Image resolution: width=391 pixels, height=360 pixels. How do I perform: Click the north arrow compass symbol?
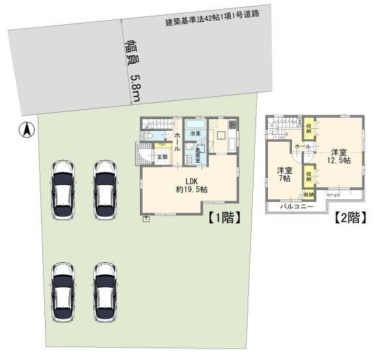[x=27, y=130]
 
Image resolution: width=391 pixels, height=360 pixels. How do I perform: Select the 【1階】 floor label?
[x=226, y=218]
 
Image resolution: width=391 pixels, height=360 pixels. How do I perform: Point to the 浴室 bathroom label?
[x=195, y=134]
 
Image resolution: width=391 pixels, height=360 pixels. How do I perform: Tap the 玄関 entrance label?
[x=162, y=156]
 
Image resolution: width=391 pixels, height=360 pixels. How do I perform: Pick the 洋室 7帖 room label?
[x=284, y=175]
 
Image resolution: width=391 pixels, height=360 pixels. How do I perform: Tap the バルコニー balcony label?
[x=297, y=206]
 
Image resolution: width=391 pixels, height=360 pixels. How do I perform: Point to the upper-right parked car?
[x=105, y=184]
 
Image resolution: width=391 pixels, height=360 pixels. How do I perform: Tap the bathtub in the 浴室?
[x=195, y=123]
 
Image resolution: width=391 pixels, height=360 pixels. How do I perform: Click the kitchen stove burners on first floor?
[x=231, y=124]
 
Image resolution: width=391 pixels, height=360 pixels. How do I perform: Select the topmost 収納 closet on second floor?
[x=309, y=126]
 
